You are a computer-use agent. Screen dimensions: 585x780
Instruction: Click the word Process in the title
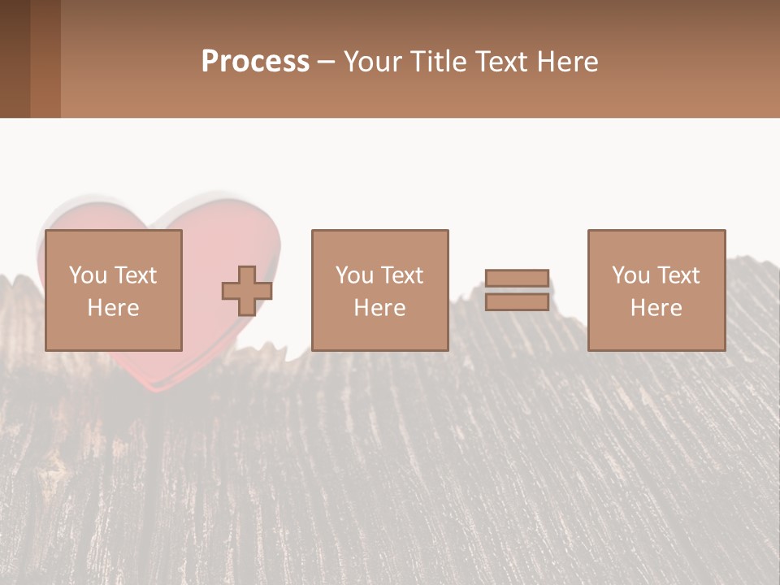[255, 62]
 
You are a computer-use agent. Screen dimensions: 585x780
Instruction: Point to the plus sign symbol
[247, 291]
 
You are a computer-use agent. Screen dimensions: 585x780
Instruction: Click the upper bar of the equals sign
[517, 278]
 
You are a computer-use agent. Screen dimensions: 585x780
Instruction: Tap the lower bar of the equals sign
[517, 302]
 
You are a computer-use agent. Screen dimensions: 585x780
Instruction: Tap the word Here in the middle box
[379, 308]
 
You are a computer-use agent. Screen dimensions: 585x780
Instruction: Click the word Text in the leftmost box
[135, 275]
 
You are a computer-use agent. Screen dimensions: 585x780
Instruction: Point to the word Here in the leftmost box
[114, 308]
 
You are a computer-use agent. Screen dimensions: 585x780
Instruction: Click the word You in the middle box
[354, 275]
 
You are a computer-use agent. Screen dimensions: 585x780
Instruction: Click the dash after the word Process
[327, 63]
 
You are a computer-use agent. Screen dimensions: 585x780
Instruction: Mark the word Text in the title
[499, 62]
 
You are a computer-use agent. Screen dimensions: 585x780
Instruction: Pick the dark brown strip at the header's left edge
[15, 58]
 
